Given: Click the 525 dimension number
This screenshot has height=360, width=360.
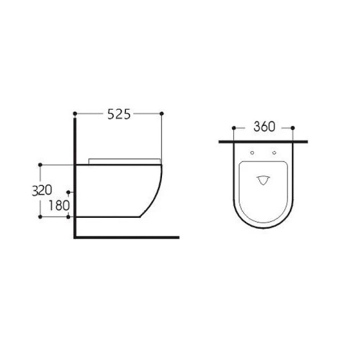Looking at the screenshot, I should (x=118, y=114).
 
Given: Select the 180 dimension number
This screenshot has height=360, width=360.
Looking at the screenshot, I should (x=56, y=205).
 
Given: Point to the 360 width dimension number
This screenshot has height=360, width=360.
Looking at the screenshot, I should (x=263, y=127).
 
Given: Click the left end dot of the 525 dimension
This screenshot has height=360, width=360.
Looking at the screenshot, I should (x=74, y=113).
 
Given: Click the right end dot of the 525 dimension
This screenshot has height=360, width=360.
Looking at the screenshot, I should (x=163, y=113).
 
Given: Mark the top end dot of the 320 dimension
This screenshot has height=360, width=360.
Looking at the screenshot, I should (x=40, y=164).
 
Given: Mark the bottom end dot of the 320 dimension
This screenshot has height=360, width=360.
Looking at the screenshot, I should (x=40, y=216).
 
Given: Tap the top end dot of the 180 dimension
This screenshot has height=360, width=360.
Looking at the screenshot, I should (x=70, y=193).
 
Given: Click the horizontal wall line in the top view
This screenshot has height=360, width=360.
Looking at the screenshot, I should (x=263, y=142).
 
